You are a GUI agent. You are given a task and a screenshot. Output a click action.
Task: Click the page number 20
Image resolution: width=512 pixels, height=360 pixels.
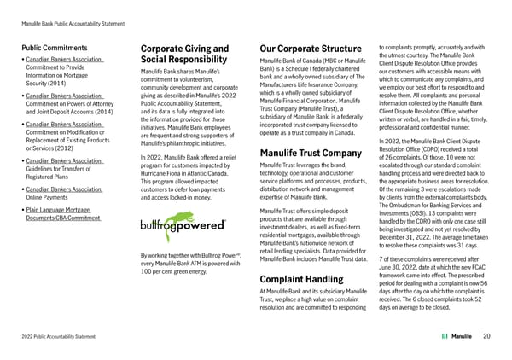coord(486,336)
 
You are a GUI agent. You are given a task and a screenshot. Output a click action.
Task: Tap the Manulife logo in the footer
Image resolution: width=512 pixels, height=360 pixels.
coord(457,336)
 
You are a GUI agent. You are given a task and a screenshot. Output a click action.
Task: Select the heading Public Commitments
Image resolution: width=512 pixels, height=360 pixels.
coord(58,48)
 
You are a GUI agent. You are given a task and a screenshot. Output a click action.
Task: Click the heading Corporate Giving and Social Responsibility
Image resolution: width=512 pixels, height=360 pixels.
coord(184,55)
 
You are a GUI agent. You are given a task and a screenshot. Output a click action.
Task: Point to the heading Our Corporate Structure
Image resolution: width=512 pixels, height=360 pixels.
coord(310,48)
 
